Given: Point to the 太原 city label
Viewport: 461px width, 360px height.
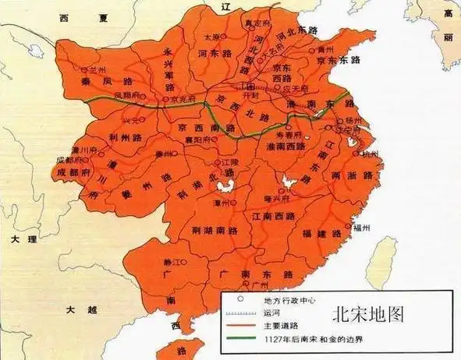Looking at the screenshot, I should point(208,37).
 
